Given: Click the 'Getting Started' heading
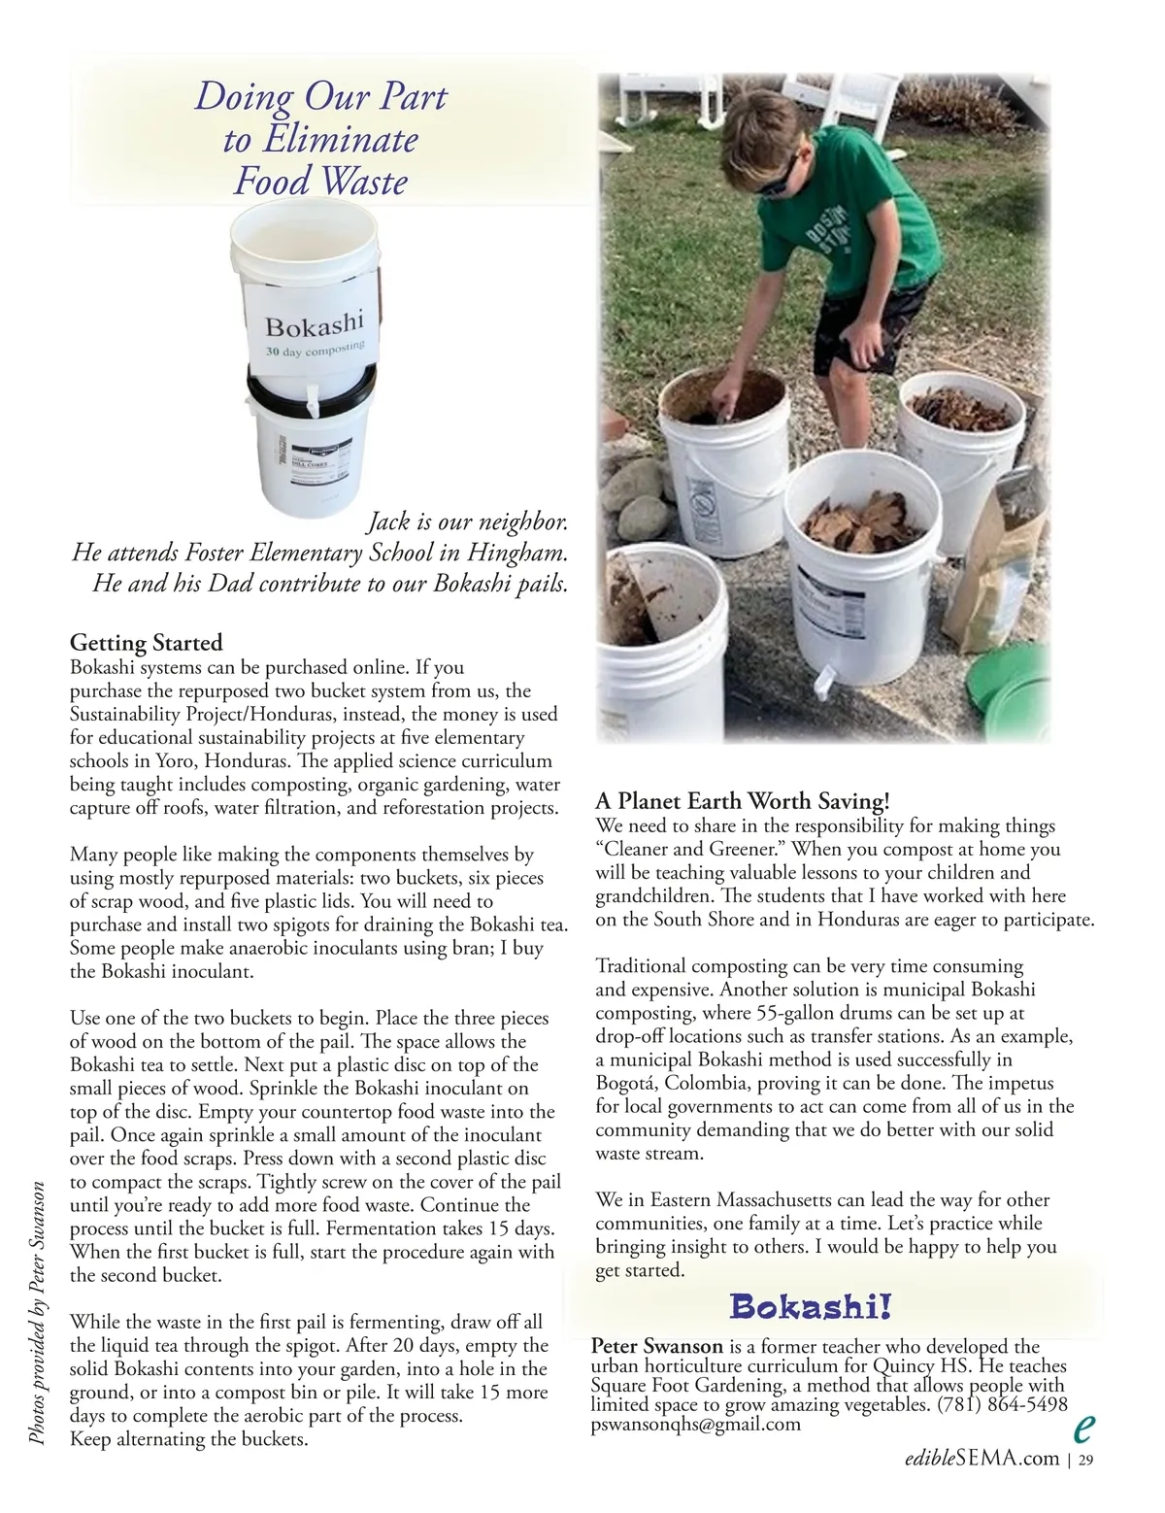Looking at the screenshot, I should tap(147, 643).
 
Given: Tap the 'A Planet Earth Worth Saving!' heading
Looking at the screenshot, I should tap(742, 802).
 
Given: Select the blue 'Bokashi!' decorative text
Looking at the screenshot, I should tap(811, 1307).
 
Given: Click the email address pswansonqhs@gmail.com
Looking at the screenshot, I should tap(696, 1425).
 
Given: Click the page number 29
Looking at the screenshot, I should tap(1087, 1459).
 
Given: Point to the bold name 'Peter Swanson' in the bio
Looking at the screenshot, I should tap(657, 1347).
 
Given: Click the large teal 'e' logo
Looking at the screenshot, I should tap(1084, 1428).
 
